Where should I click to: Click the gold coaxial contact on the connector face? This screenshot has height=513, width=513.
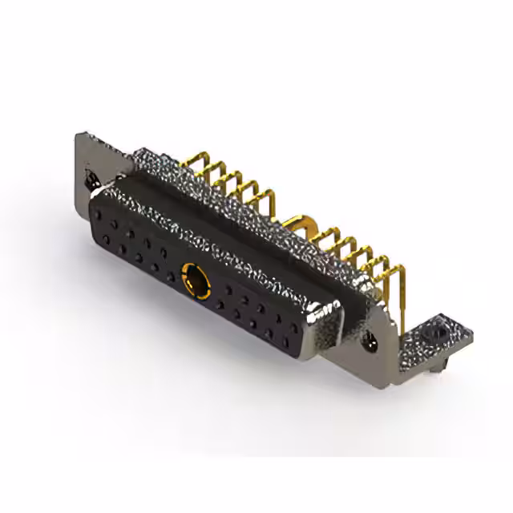(x=192, y=281)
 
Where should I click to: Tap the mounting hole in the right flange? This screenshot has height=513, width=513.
(x=370, y=343)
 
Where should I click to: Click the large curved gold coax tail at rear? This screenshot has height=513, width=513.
(x=301, y=220)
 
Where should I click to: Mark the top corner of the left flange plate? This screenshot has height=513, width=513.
(x=80, y=135)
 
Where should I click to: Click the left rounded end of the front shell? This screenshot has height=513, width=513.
(x=96, y=200)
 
